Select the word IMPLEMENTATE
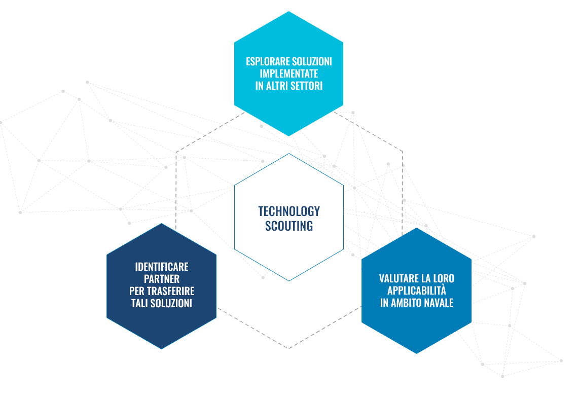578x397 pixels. point(289,74)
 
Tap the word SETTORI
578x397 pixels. point(307,86)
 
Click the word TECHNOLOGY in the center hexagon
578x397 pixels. point(289,211)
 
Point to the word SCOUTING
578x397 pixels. point(289,226)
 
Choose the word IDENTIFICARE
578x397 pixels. point(162,267)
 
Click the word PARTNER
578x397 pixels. point(162,279)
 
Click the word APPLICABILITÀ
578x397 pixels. point(417,290)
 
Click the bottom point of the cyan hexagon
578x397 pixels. point(289,136)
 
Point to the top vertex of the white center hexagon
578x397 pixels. point(289,153)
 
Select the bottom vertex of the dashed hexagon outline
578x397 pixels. point(288,348)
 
